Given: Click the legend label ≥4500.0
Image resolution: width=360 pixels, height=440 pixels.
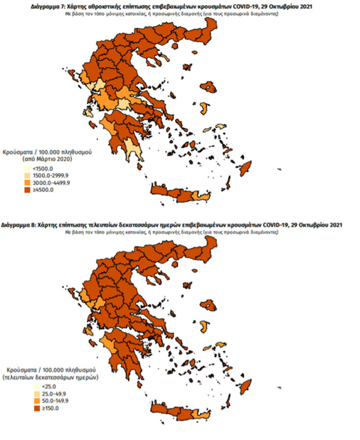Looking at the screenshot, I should pos(43,189).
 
